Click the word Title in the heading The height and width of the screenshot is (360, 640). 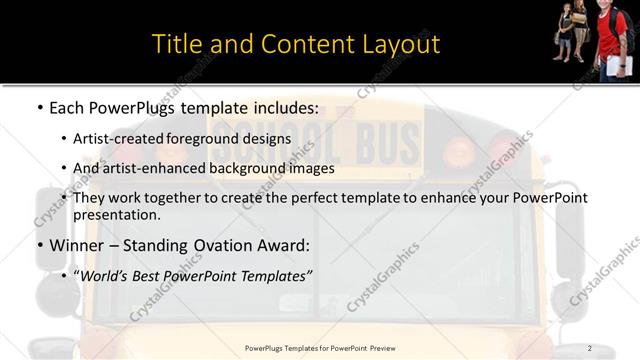pos(175,44)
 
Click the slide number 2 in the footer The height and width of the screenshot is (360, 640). pos(589,348)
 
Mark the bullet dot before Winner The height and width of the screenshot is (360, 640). pos(39,245)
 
